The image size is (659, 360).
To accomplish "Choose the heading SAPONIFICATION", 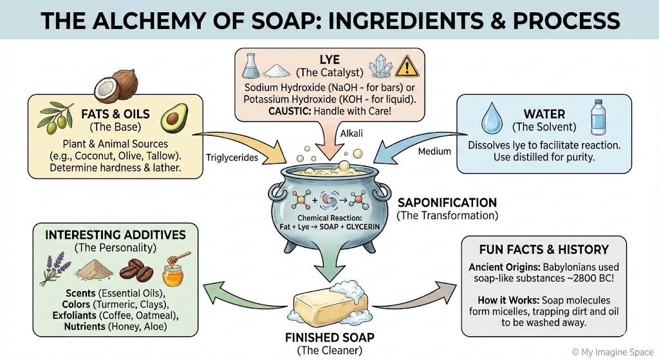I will click(447, 202).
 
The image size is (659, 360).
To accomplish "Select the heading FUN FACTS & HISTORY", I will click(544, 249).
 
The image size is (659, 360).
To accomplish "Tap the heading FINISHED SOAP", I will click(329, 337).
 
